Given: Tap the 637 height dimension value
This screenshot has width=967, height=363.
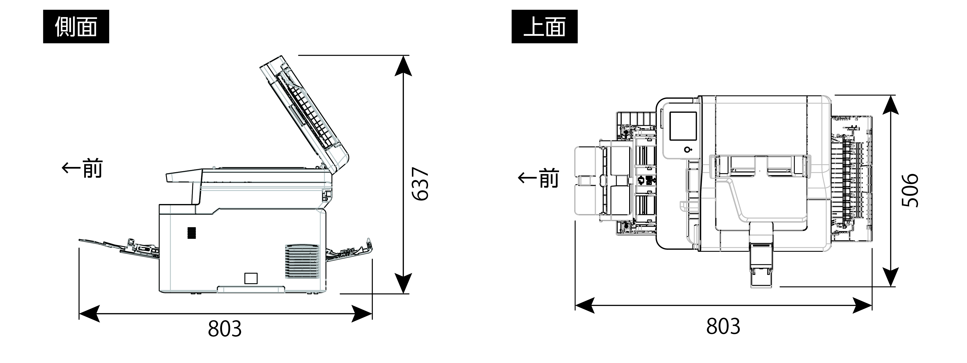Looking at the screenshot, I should click(x=420, y=184).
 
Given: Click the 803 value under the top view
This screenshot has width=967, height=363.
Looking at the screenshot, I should click(x=723, y=326).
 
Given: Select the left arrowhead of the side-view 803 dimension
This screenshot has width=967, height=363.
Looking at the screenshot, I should click(x=89, y=313).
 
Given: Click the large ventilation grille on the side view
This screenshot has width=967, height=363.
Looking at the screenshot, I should click(x=302, y=261).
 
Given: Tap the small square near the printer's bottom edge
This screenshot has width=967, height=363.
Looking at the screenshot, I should click(x=251, y=278).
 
